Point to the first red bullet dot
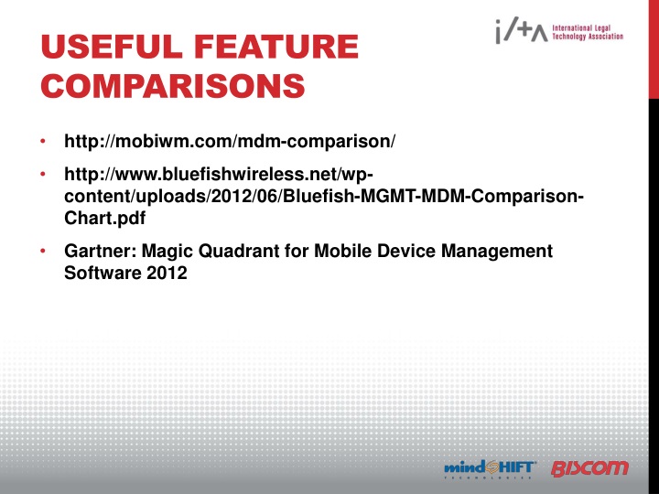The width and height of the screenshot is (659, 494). coord(42,143)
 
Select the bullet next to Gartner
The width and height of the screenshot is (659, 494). coord(42,251)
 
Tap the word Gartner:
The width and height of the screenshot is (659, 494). coord(98,251)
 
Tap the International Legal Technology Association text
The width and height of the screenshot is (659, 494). coord(589,33)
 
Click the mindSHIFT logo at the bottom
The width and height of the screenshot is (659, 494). coord(490,468)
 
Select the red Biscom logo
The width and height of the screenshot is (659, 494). coord(590,468)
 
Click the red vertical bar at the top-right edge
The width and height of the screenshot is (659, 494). coord(653,46)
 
